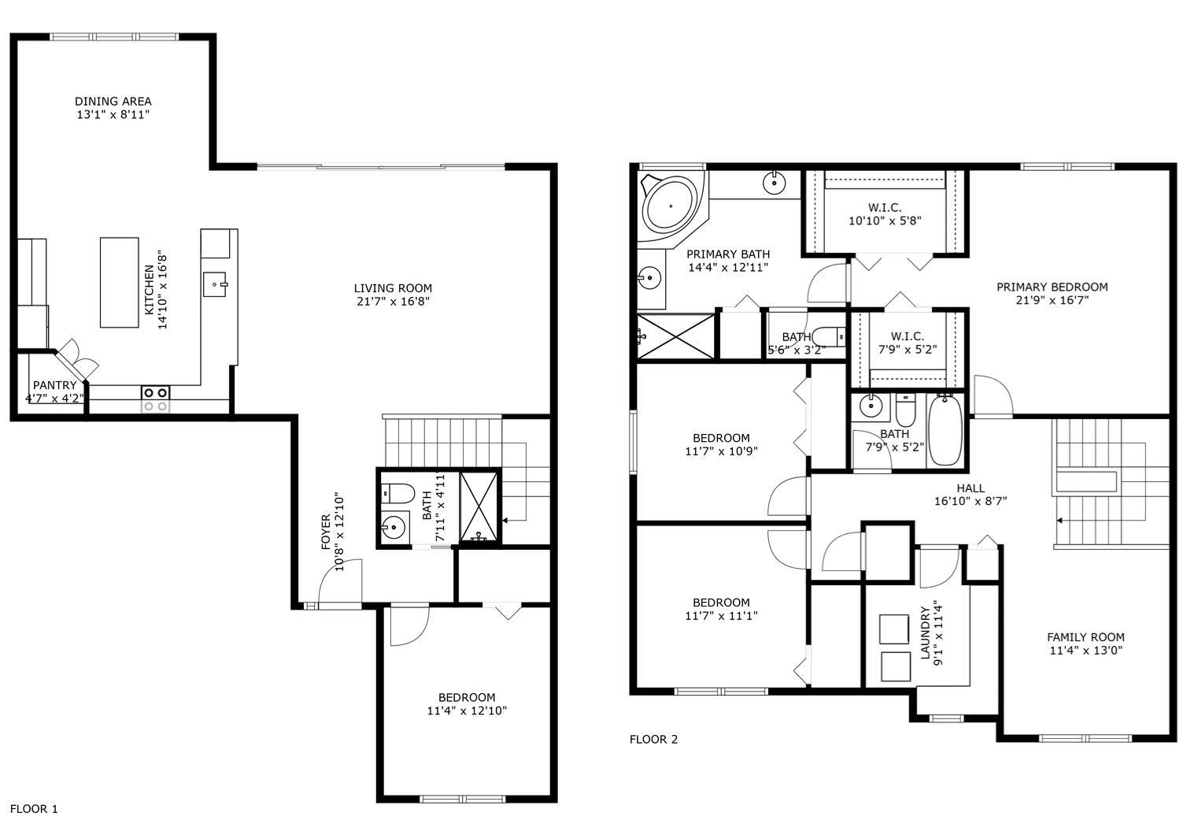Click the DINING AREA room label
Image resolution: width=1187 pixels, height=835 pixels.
coord(113,101)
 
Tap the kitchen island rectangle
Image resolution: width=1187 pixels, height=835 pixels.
coord(119,282)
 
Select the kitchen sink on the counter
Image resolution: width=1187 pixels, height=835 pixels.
coord(215,284)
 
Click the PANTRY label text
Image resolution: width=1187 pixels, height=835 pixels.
coord(54,385)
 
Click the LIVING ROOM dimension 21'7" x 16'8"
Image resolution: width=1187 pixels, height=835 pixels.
coord(392,302)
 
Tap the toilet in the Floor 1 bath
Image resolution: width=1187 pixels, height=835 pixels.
coord(398,493)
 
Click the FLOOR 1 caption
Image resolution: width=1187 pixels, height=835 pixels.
coord(34,808)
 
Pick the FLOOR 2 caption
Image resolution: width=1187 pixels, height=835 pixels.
coord(653,739)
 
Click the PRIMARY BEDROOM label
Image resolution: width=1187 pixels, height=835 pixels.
coord(1052,287)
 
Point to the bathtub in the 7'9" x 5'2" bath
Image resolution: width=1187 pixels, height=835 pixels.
coord(945,432)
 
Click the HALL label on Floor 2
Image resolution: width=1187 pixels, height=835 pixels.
coord(971,488)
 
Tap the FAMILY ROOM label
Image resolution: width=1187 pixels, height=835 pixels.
coord(1085,636)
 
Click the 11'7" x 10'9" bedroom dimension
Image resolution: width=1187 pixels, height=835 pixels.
coord(721,451)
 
